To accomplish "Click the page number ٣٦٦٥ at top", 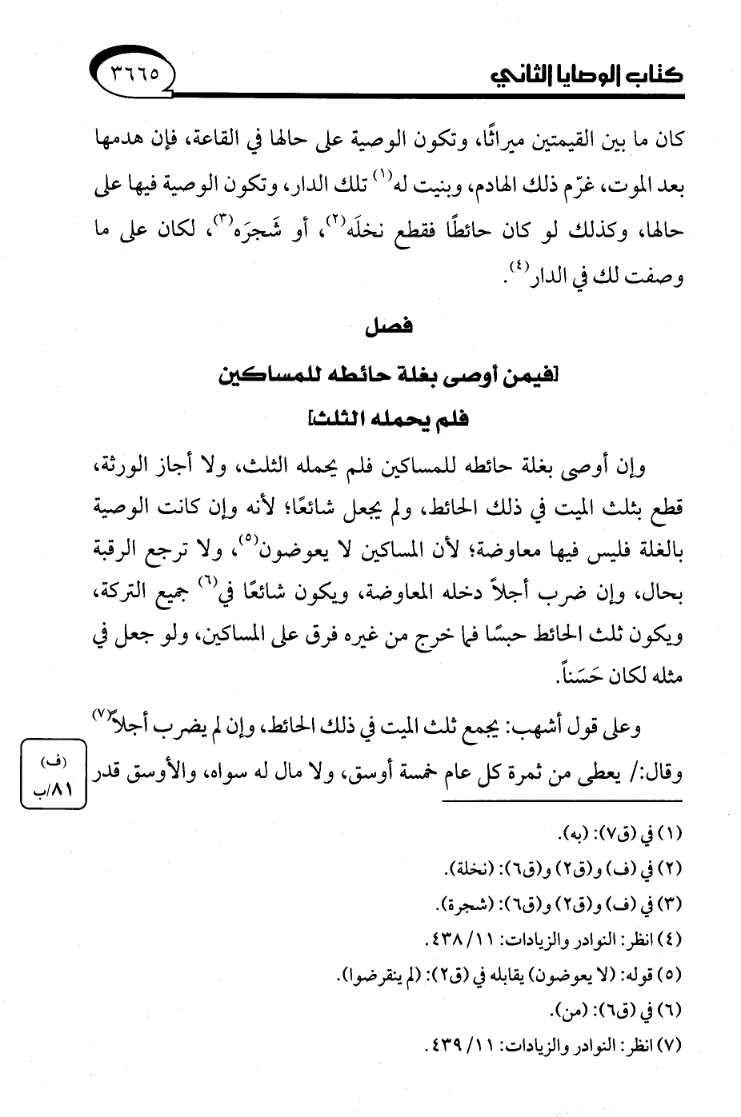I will [x=133, y=74].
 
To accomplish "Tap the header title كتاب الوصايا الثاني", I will [x=586, y=76].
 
